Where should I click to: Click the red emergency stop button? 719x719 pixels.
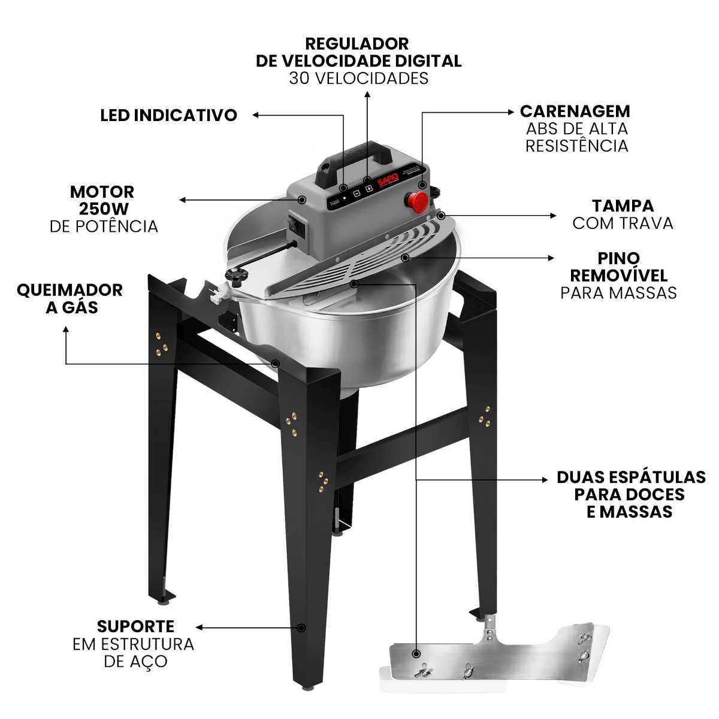pos(417,201)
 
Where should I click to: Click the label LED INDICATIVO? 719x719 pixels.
pos(168,115)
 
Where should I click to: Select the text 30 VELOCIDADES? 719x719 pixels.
pos(358,78)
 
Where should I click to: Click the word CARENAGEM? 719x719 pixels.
pos(575,111)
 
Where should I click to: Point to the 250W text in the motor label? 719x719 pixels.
pos(104,209)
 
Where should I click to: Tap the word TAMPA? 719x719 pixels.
pos(623,206)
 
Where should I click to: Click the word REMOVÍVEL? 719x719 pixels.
pos(618,276)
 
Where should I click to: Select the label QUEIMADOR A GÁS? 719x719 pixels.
pos(70,299)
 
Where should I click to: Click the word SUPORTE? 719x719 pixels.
pos(135,627)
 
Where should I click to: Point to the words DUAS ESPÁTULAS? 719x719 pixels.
pos(631,477)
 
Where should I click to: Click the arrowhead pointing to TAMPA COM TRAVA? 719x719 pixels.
pos(553,216)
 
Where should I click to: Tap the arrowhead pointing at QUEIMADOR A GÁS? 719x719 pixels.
pos(66,330)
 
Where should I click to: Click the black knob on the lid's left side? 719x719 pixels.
pos(237,276)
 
